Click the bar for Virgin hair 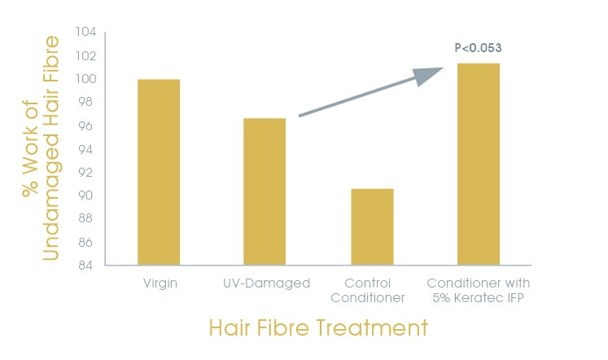tap(159, 172)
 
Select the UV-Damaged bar tap(265, 191)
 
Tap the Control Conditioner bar tap(372, 227)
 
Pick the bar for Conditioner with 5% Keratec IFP tap(479, 164)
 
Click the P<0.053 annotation tap(478, 48)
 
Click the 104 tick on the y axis tap(85, 32)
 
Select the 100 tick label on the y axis tap(85, 79)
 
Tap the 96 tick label tap(85, 126)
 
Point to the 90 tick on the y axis tap(85, 195)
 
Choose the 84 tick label tap(85, 266)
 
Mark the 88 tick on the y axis tap(85, 218)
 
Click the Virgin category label tap(160, 283)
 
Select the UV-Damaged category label tap(267, 283)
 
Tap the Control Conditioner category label tap(368, 291)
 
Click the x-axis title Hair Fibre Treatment tap(318, 327)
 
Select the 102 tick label tap(85, 56)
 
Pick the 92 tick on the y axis tap(85, 172)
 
